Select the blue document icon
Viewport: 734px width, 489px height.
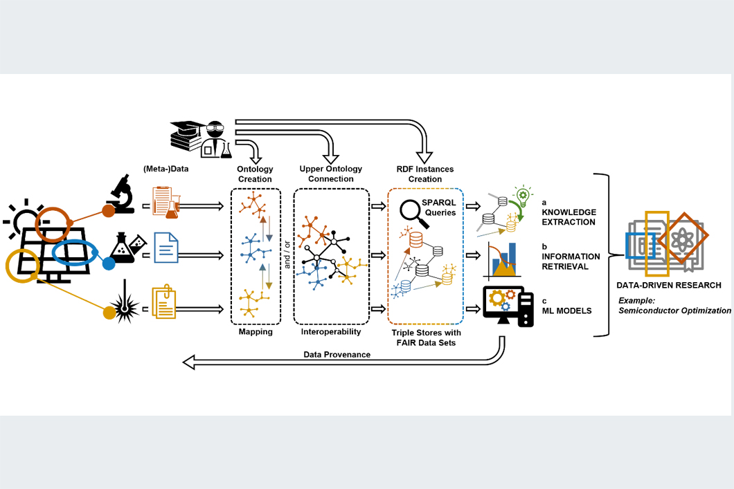[x=166, y=248]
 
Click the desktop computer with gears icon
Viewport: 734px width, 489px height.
[x=508, y=307]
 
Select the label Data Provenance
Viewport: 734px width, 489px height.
[x=337, y=354]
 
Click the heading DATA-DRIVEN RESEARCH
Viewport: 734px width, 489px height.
[x=668, y=285]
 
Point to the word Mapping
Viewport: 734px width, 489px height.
[x=256, y=332]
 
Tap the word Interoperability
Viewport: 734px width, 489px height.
[x=331, y=332]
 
